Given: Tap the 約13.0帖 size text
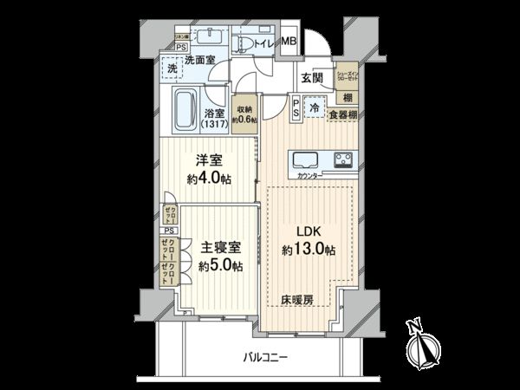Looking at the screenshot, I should tap(308, 250).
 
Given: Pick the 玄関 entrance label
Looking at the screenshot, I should tap(313, 77).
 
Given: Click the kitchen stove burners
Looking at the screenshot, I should tap(340, 159).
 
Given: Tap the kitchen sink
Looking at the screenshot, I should tap(308, 160).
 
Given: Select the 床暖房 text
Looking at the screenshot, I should tap(296, 300).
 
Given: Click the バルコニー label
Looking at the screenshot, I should tap(264, 356).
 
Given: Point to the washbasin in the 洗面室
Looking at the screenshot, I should tap(211, 36).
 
